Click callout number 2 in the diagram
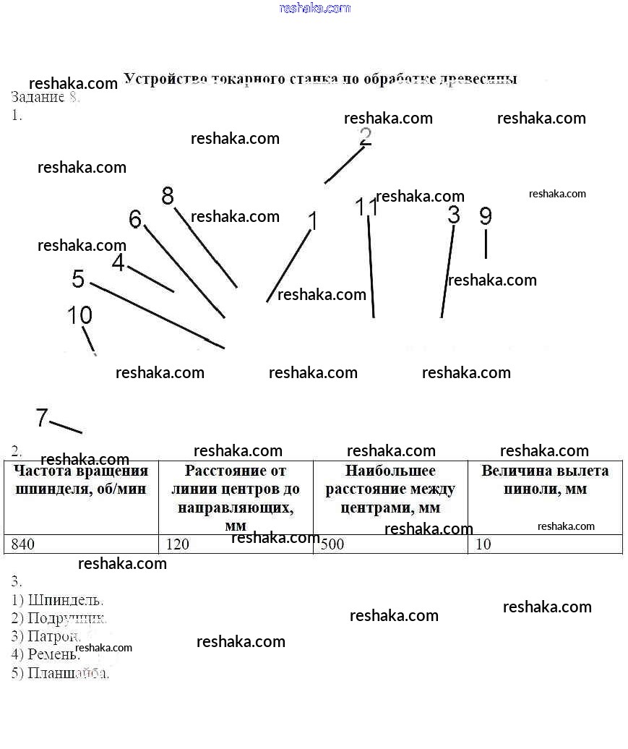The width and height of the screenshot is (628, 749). point(366,137)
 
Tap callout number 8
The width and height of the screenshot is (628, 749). point(168,196)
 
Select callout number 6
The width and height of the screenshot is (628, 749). point(135,218)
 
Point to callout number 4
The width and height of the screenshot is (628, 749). point(119,263)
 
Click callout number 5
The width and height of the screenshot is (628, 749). point(78,279)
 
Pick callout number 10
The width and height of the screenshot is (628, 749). point(79,315)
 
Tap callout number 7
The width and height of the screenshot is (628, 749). point(42,417)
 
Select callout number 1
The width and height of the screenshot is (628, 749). point(313,221)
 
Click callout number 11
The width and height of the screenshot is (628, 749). point(367,207)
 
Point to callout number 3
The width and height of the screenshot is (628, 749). point(454,215)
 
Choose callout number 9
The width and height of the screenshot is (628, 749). point(486,215)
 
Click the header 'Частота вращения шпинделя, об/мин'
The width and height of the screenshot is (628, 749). point(81,480)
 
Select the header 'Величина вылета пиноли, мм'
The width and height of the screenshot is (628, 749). point(545,480)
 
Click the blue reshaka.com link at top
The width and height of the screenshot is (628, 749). point(314,8)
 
